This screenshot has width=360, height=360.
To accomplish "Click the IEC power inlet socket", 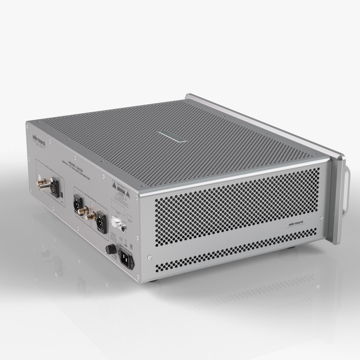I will [126, 260].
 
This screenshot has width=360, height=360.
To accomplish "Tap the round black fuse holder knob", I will [109, 249].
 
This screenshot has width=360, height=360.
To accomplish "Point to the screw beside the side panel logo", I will [322, 218].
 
